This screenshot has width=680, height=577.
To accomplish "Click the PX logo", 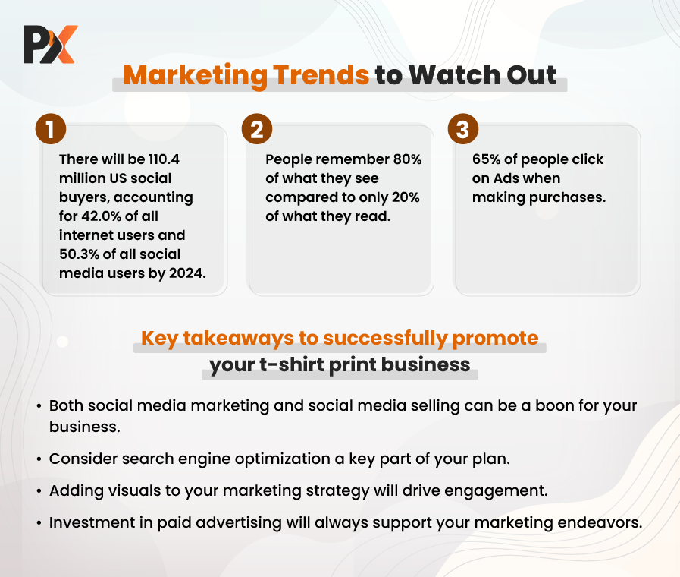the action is (x=51, y=44).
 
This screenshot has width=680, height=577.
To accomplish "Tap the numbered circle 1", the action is (x=51, y=129).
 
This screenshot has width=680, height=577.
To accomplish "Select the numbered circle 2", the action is (x=257, y=129).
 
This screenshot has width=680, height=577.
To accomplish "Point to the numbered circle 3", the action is (x=463, y=129).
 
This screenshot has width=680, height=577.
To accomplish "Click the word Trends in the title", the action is (x=321, y=75).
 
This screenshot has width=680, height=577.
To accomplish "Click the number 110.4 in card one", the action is (x=164, y=159).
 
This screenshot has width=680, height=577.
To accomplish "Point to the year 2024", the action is (x=187, y=273).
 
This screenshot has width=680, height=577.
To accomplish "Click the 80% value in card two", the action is (x=407, y=159).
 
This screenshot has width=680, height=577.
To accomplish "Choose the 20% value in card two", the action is (x=406, y=197).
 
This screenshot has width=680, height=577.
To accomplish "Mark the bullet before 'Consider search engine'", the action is (x=39, y=459).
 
